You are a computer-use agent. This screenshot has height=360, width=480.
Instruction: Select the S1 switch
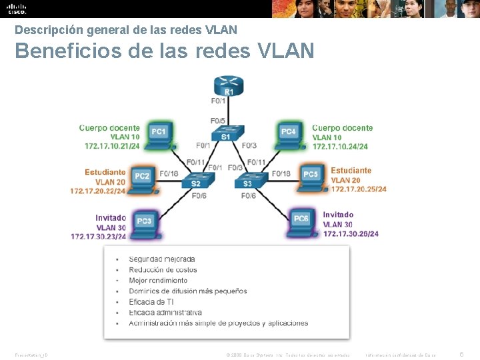(226, 134)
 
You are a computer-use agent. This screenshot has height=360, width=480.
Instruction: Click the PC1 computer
(159, 133)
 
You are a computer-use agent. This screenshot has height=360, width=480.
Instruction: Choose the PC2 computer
(142, 178)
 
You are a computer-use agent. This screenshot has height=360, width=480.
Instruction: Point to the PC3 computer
(145, 223)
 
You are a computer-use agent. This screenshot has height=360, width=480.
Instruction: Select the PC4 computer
(289, 133)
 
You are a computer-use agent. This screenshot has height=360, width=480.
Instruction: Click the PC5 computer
(311, 176)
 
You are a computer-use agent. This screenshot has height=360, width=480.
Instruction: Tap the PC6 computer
(301, 220)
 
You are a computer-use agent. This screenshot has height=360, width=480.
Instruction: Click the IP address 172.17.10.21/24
(112, 146)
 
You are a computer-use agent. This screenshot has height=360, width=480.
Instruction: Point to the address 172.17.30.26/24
(351, 234)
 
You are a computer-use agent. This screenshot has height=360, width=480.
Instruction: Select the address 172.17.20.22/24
(97, 191)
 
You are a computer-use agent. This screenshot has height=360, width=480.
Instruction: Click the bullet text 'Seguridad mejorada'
(162, 259)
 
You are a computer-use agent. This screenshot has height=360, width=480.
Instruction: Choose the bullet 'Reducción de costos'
(163, 270)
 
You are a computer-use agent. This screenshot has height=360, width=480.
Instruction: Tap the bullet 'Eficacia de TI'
(151, 302)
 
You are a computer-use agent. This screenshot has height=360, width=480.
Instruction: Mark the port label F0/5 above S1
(218, 121)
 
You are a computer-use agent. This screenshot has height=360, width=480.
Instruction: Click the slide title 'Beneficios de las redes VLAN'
(164, 51)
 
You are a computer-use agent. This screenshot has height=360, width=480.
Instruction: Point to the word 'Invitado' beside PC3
(111, 218)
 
